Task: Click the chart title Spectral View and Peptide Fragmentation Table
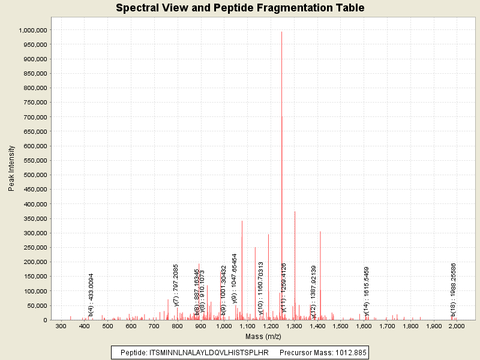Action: [240, 8]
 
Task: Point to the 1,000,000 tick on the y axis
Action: [34, 30]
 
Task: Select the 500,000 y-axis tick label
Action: [35, 175]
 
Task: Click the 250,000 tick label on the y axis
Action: [35, 248]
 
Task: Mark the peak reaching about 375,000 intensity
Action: [295, 212]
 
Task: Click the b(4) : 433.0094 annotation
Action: [91, 295]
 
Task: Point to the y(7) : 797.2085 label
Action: [176, 286]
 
